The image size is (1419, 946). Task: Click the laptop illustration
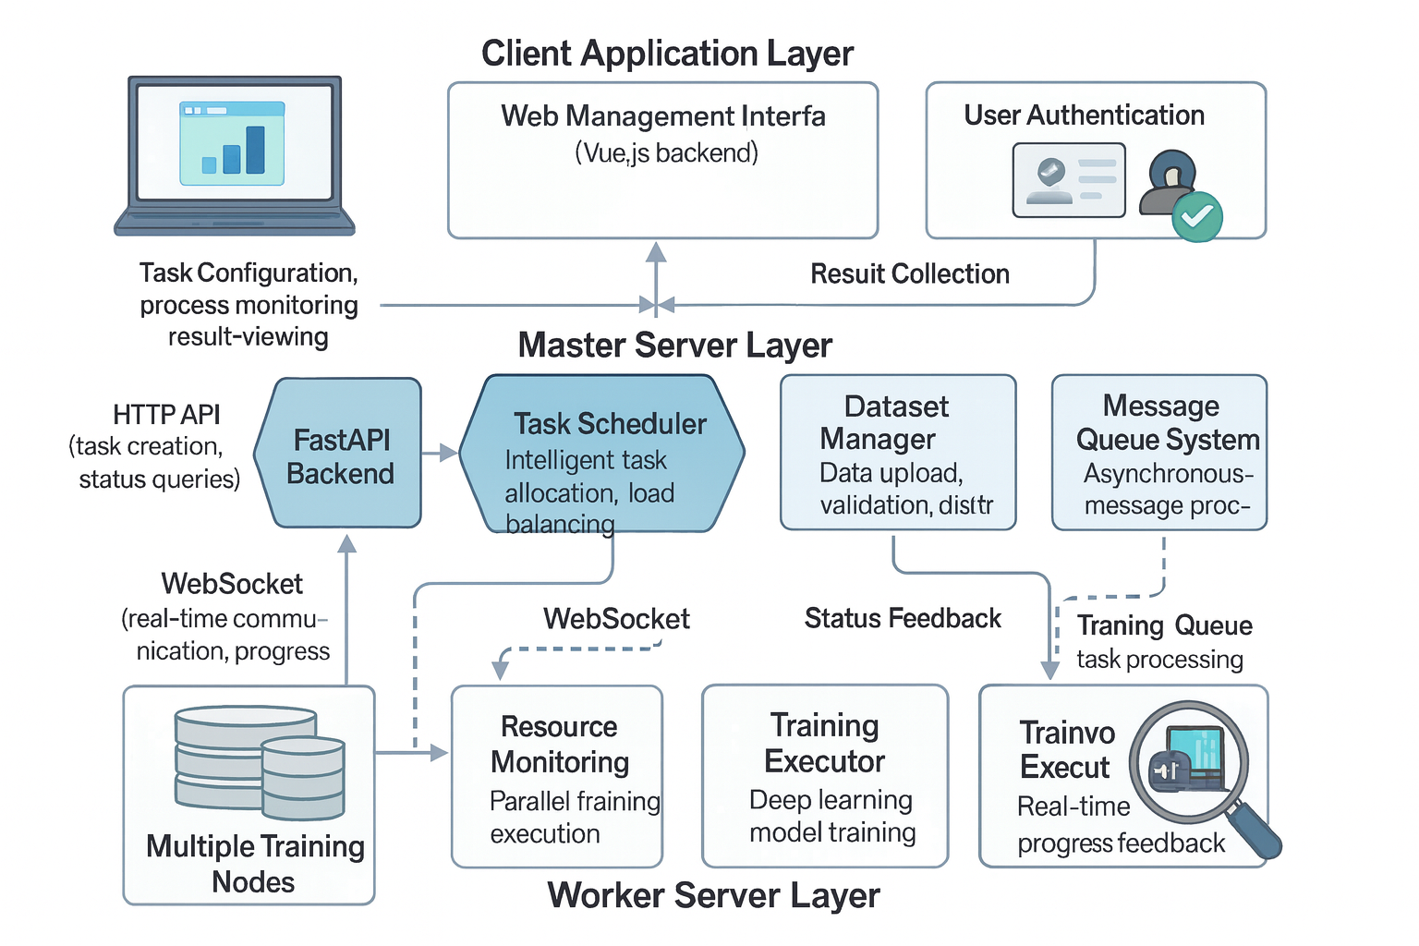(x=235, y=155)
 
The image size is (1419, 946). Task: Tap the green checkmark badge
(x=1197, y=217)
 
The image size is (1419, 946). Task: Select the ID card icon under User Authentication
(x=1069, y=180)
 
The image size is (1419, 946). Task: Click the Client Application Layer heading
(x=667, y=54)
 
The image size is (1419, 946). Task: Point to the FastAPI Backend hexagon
(x=340, y=455)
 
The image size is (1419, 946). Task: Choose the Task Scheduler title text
(x=610, y=424)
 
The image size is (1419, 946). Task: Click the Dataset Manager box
(x=898, y=453)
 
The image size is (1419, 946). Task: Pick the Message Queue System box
(x=1159, y=453)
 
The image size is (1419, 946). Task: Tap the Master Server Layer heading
(x=674, y=346)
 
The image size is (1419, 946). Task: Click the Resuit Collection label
(x=910, y=274)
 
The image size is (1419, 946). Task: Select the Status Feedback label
(x=903, y=618)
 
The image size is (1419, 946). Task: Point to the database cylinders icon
(x=259, y=762)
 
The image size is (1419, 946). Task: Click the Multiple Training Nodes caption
(x=255, y=864)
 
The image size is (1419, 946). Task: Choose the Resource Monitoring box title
(x=560, y=744)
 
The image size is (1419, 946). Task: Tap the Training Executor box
(x=825, y=776)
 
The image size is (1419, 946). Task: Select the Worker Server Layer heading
(x=713, y=896)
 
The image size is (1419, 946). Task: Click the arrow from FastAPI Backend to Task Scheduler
(x=440, y=453)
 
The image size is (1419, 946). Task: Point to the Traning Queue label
(x=1164, y=625)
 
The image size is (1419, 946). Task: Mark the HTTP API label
(x=166, y=414)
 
